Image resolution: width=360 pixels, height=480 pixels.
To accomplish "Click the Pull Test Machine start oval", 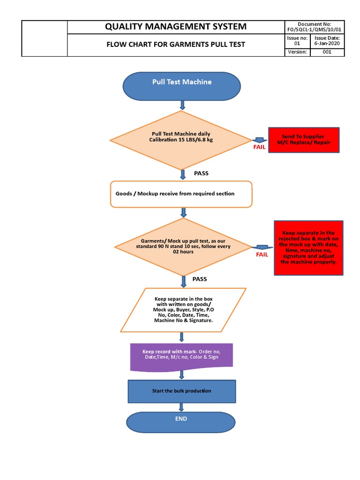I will click(182, 86).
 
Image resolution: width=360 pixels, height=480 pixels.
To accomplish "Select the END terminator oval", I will click(181, 422).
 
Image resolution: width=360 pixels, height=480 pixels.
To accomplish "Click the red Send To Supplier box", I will click(304, 140).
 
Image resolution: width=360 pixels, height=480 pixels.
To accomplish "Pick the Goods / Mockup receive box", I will click(181, 194).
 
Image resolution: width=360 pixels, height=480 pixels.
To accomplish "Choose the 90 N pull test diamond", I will click(183, 247).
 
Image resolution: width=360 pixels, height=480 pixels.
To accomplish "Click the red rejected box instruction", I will click(308, 248).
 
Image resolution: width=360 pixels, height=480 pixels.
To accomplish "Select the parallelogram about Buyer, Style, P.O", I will click(183, 310).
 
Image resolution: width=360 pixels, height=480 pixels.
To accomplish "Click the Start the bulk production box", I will click(181, 391).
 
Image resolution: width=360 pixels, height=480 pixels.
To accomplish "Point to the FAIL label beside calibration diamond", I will click(259, 147).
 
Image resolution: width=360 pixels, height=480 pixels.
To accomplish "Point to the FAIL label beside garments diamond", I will click(262, 255).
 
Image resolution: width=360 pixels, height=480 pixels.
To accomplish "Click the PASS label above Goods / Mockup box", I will click(201, 173).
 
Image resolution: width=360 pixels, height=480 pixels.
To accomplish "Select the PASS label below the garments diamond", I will click(200, 279).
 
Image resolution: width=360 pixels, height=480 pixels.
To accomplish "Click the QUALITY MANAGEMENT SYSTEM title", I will click(176, 27).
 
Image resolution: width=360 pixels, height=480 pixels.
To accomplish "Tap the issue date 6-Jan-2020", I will click(327, 44).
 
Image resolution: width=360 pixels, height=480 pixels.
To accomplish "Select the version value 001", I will click(327, 52).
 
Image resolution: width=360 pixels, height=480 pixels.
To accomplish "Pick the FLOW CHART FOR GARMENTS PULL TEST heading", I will click(176, 45).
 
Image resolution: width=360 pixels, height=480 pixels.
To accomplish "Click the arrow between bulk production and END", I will click(181, 407).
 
